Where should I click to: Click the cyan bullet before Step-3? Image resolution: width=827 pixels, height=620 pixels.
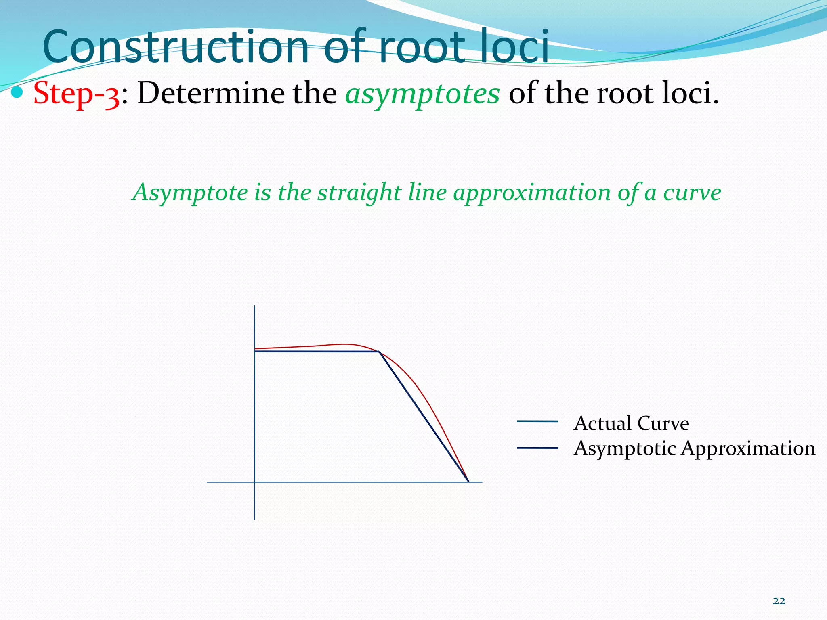(x=17, y=93)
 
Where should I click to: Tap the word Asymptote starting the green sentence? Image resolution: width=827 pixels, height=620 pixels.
(x=190, y=192)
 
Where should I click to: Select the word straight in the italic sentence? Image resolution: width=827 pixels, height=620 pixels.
(x=359, y=192)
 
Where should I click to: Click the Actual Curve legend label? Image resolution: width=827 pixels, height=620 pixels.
(x=631, y=423)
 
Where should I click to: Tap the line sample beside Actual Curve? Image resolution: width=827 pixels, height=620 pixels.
(x=537, y=421)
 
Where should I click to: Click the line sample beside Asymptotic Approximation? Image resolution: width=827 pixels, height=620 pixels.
(x=537, y=448)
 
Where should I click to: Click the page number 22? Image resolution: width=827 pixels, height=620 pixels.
(x=779, y=601)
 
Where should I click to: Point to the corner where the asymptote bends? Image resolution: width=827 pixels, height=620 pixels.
(x=380, y=352)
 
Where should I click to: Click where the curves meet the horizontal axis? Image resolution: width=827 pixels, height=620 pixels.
(x=468, y=481)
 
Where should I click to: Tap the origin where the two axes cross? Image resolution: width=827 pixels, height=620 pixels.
(x=255, y=482)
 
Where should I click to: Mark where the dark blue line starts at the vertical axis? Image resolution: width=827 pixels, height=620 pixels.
(x=255, y=352)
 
